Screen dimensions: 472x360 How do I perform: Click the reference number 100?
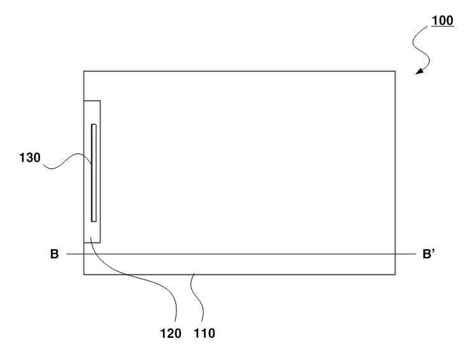[x=443, y=20]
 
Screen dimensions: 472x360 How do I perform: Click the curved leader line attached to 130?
[x=67, y=164]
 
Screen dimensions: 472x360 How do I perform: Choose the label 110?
[x=205, y=333]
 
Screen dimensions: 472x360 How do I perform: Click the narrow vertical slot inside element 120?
[x=94, y=173]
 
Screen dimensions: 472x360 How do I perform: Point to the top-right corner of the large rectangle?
[x=395, y=71]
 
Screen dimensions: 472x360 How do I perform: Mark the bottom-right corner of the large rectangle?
[x=395, y=275]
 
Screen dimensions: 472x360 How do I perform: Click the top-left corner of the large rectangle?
[x=84, y=71]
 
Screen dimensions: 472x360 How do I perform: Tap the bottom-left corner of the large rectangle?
[x=84, y=275]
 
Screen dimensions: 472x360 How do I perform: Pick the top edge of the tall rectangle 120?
[x=92, y=100]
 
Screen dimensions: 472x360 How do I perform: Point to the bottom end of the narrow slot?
[x=94, y=220]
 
